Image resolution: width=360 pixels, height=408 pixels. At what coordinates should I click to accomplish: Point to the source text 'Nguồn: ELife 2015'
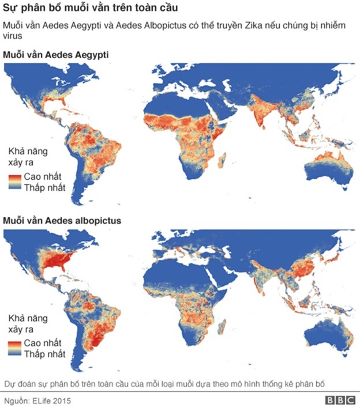pyautogui.click(x=39, y=399)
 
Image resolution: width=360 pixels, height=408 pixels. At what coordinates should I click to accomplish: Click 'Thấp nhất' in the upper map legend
pyautogui.click(x=44, y=187)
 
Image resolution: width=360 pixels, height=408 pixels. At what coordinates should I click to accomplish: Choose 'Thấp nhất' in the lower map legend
pyautogui.click(x=44, y=353)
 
